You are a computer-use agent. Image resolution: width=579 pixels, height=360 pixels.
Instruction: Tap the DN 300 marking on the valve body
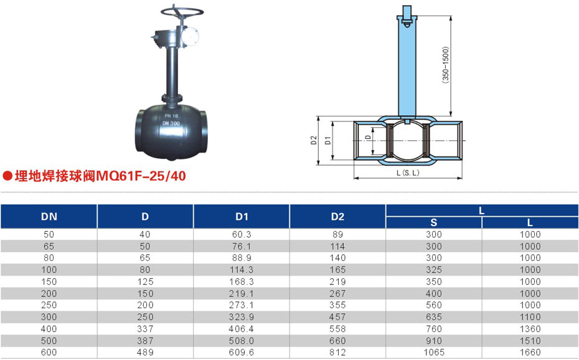[171, 123]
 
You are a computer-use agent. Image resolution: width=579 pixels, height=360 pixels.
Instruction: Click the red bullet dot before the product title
[7, 176]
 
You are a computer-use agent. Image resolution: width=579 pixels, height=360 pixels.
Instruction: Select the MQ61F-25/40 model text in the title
[141, 176]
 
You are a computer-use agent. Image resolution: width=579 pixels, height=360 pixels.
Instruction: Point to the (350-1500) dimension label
[445, 65]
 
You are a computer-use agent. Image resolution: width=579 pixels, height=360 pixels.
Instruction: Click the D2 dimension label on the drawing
[314, 140]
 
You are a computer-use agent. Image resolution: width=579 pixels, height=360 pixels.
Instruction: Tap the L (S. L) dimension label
[408, 173]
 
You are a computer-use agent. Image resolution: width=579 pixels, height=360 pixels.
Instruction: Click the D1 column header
[242, 216]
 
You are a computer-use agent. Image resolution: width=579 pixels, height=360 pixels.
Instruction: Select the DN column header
[49, 216]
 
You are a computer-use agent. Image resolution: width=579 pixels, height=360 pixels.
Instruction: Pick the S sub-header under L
[434, 222]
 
